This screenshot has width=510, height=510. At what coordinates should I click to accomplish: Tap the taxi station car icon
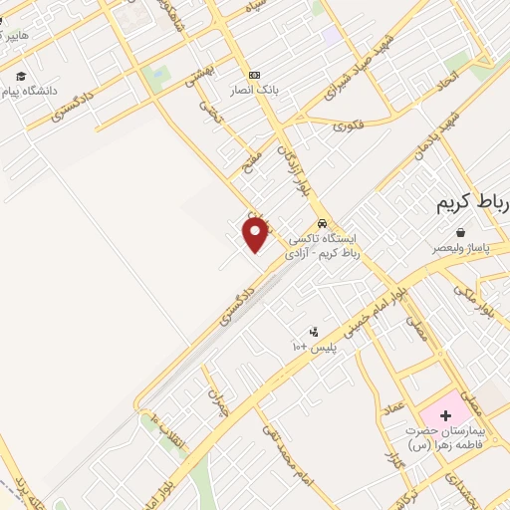click(x=321, y=223)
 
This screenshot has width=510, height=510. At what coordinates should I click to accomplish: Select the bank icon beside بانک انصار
click(x=254, y=75)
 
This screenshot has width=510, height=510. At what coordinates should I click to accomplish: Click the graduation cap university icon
click(x=21, y=76)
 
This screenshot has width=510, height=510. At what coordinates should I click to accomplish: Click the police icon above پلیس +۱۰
click(x=314, y=332)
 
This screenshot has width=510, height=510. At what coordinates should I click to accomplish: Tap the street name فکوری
click(x=349, y=126)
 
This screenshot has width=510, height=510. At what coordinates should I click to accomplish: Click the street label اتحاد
click(x=451, y=77)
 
